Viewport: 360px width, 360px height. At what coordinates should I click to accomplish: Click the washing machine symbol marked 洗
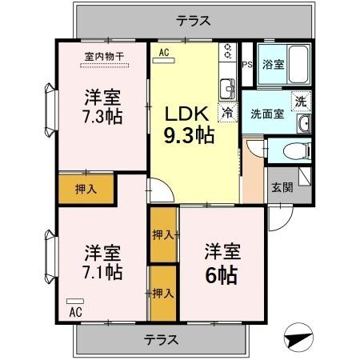point(300,101)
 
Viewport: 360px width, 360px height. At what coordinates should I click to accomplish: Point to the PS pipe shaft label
point(247,66)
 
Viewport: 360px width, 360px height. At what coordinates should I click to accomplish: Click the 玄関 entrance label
point(281,189)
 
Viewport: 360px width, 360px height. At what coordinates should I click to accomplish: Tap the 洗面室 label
point(266,114)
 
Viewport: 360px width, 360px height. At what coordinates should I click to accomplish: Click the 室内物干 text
point(104,56)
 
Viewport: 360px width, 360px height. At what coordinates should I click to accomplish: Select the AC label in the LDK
point(163,53)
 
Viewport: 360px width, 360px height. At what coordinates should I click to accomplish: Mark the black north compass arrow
point(295,336)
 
